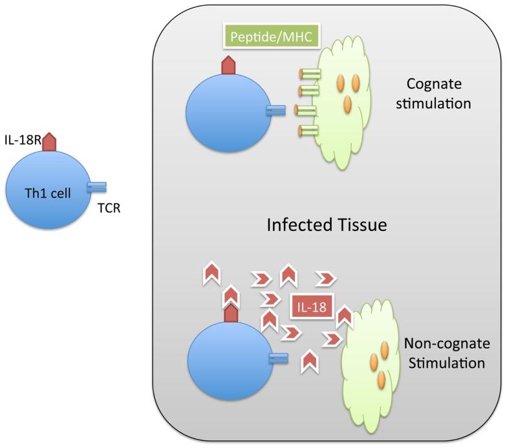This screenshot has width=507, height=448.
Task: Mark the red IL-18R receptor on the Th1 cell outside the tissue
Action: click(50, 143)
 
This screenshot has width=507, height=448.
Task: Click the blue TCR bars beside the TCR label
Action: click(97, 187)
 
